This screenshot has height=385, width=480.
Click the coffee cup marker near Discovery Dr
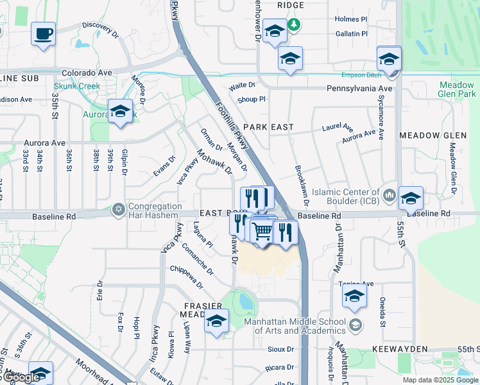(43, 33)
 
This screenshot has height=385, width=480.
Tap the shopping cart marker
(262, 231)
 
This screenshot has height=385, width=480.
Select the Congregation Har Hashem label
(155, 210)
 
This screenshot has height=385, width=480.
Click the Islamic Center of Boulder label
(345, 196)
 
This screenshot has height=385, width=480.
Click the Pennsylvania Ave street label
(359, 88)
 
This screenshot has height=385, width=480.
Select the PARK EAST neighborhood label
(268, 127)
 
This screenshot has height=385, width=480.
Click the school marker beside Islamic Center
(411, 198)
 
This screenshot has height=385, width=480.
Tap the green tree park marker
(294, 24)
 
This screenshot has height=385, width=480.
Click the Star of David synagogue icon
(118, 209)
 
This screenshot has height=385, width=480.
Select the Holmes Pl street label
(350, 19)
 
